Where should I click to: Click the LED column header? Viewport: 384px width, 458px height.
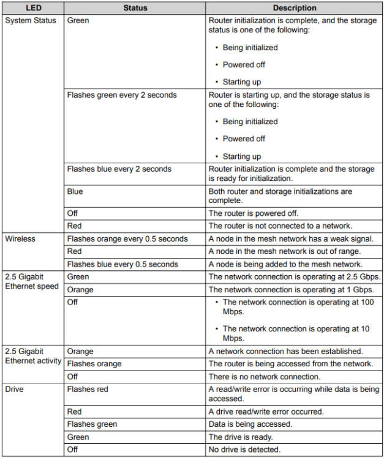click(33, 9)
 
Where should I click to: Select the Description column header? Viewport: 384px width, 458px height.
click(295, 9)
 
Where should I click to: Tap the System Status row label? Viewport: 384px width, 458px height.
click(31, 20)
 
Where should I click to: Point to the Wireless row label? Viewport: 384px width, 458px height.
click(20, 238)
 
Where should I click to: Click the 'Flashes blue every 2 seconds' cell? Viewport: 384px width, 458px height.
click(119, 169)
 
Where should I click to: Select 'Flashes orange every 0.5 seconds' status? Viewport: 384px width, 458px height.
click(127, 238)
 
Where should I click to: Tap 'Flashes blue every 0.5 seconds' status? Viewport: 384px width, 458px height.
click(122, 264)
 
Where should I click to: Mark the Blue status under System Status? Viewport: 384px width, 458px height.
click(75, 191)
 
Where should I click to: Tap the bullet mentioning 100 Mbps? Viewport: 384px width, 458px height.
click(296, 306)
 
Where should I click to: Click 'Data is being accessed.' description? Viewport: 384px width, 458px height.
click(248, 424)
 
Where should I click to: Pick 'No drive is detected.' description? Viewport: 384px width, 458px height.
click(244, 450)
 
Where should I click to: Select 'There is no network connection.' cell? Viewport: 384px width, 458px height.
click(264, 377)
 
